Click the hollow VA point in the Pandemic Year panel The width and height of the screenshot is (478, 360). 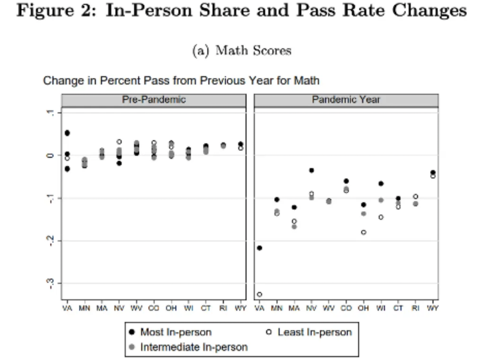point(259,294)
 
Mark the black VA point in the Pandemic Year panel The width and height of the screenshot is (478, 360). point(259,248)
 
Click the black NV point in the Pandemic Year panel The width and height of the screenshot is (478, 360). point(311,170)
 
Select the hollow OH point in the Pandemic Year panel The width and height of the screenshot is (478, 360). point(363,232)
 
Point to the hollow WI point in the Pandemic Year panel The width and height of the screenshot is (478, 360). point(381,217)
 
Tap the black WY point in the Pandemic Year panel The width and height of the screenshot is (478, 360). point(433,172)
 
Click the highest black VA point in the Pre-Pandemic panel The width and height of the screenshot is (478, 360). point(68,133)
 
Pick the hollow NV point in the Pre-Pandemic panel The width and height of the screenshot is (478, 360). point(119,142)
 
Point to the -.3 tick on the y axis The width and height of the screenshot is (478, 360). point(51,283)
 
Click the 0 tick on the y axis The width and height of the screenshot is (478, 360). point(51,155)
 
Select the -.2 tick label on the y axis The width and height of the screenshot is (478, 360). point(51,240)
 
